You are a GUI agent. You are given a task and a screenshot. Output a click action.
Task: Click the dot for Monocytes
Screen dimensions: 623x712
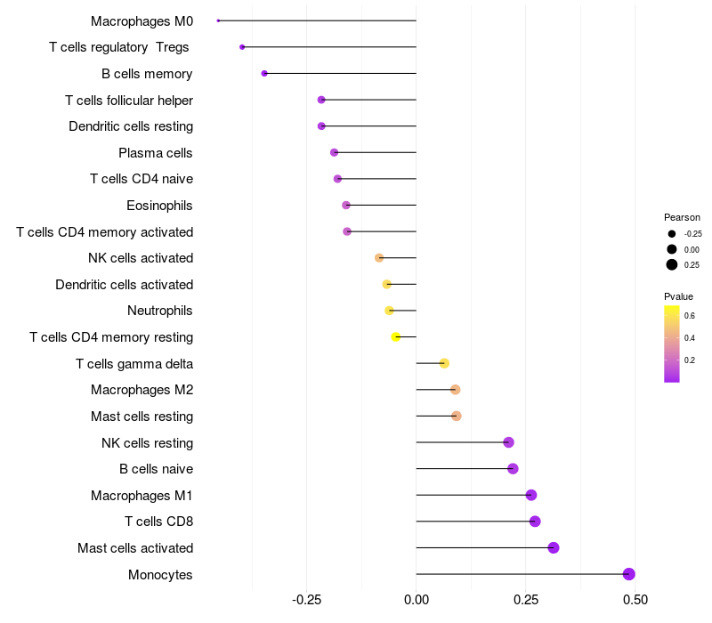coord(629,574)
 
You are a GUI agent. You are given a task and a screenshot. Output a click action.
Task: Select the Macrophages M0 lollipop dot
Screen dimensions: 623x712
coord(218,20)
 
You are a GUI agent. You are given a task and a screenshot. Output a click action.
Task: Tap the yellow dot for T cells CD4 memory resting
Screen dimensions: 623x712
coord(396,336)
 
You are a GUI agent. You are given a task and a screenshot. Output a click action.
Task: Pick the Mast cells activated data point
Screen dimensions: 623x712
coord(554,547)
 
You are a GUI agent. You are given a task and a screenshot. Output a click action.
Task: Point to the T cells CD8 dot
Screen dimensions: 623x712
coord(535,522)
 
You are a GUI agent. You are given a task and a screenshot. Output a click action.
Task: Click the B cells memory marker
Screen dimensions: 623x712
coord(264,73)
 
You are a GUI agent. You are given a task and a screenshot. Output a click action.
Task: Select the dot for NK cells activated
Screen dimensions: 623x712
coord(379,258)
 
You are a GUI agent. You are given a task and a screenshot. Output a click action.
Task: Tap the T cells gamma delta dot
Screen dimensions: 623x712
coord(444,363)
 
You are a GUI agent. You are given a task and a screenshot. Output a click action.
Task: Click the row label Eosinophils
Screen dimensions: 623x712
coord(159,206)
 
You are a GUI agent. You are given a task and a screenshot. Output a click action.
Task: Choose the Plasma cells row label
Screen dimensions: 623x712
coord(155,153)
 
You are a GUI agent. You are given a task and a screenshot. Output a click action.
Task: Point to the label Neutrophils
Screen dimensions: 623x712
coord(160,311)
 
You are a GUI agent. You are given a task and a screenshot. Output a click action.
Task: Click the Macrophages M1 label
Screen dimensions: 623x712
coord(142,495)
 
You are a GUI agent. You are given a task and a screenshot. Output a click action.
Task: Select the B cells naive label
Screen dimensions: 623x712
coord(156,469)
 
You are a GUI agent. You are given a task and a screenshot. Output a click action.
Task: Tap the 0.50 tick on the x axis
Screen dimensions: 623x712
coord(635,600)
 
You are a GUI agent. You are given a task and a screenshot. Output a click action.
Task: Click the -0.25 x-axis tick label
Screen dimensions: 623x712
coord(306,600)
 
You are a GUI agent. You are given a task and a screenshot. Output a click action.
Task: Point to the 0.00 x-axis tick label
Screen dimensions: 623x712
coord(417,600)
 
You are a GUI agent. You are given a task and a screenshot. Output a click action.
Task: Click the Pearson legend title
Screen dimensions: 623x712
coord(682,217)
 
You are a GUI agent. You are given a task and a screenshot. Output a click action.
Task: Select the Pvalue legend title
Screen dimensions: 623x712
coord(678,296)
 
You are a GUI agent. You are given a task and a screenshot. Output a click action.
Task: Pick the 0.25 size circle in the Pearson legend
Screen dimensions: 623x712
coord(672,264)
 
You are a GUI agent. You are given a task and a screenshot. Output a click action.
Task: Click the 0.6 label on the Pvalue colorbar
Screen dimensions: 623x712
coord(690,316)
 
